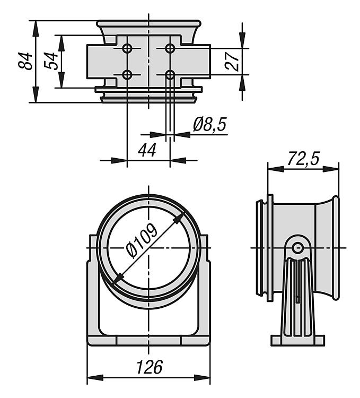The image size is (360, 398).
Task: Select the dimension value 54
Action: coord(51,61)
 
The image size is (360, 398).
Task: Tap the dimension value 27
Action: coord(232,61)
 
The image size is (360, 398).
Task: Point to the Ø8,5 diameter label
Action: coord(209,125)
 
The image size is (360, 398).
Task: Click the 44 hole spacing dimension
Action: coord(147,150)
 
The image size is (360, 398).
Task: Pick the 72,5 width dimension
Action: coord(303,159)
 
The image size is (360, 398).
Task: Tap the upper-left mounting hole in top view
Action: coord(127,49)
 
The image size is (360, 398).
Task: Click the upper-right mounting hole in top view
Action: coord(170,49)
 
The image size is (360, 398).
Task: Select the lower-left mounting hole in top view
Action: coord(127,74)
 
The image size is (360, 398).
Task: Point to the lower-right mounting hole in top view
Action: coord(170,74)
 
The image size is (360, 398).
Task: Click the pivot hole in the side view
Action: coord(298,247)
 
